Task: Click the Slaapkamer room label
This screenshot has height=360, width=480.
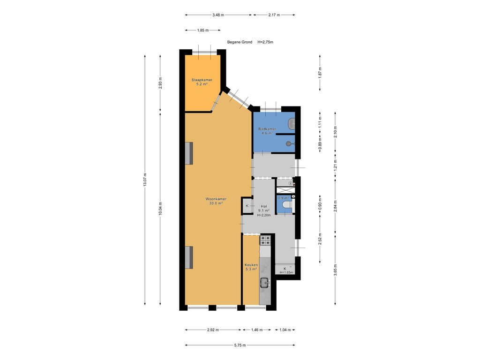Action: (202, 80)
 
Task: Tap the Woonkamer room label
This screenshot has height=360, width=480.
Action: (216, 199)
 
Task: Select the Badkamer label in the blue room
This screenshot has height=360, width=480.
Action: (267, 129)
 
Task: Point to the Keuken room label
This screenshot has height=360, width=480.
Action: (251, 265)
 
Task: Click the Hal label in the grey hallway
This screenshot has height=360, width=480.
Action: (263, 206)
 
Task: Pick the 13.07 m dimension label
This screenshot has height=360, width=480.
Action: (145, 180)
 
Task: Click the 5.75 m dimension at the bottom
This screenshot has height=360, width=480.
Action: (240, 345)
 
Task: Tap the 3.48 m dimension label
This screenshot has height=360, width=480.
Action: (218, 15)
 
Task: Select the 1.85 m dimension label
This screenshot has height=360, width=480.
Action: (202, 30)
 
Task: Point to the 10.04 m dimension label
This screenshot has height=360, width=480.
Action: (160, 209)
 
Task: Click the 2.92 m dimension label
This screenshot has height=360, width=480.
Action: (213, 330)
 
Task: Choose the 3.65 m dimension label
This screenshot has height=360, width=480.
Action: (336, 270)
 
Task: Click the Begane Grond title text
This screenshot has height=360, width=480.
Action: (240, 42)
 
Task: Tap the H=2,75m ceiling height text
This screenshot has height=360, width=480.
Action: (265, 42)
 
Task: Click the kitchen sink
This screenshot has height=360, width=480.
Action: (264, 283)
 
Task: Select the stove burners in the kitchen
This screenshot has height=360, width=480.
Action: (265, 240)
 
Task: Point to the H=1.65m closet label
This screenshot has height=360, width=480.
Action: (286, 272)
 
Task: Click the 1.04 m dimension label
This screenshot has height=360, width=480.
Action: (285, 330)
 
